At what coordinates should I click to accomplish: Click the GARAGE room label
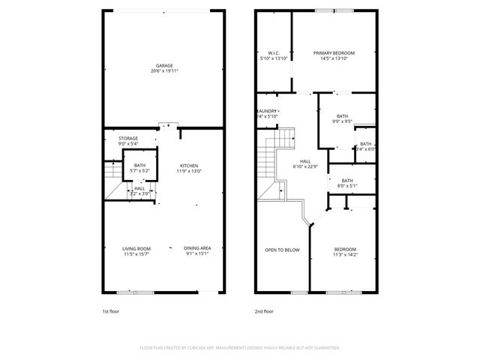click(164, 65)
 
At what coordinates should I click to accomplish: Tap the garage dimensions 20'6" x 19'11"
click(164, 70)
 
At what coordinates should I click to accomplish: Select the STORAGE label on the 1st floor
click(128, 138)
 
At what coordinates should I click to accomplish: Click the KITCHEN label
click(189, 166)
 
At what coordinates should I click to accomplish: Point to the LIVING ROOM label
click(137, 248)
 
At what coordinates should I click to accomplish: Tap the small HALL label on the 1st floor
click(139, 188)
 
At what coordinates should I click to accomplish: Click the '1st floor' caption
click(110, 310)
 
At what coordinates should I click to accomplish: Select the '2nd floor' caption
click(264, 310)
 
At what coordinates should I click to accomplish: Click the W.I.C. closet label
click(274, 52)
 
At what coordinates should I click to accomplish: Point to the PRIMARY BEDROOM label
click(334, 52)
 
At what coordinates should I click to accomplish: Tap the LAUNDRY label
click(268, 111)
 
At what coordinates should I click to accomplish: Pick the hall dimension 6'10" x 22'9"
click(305, 166)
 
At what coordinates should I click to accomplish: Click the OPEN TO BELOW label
click(282, 249)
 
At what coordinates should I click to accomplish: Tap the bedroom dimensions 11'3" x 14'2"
click(345, 254)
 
